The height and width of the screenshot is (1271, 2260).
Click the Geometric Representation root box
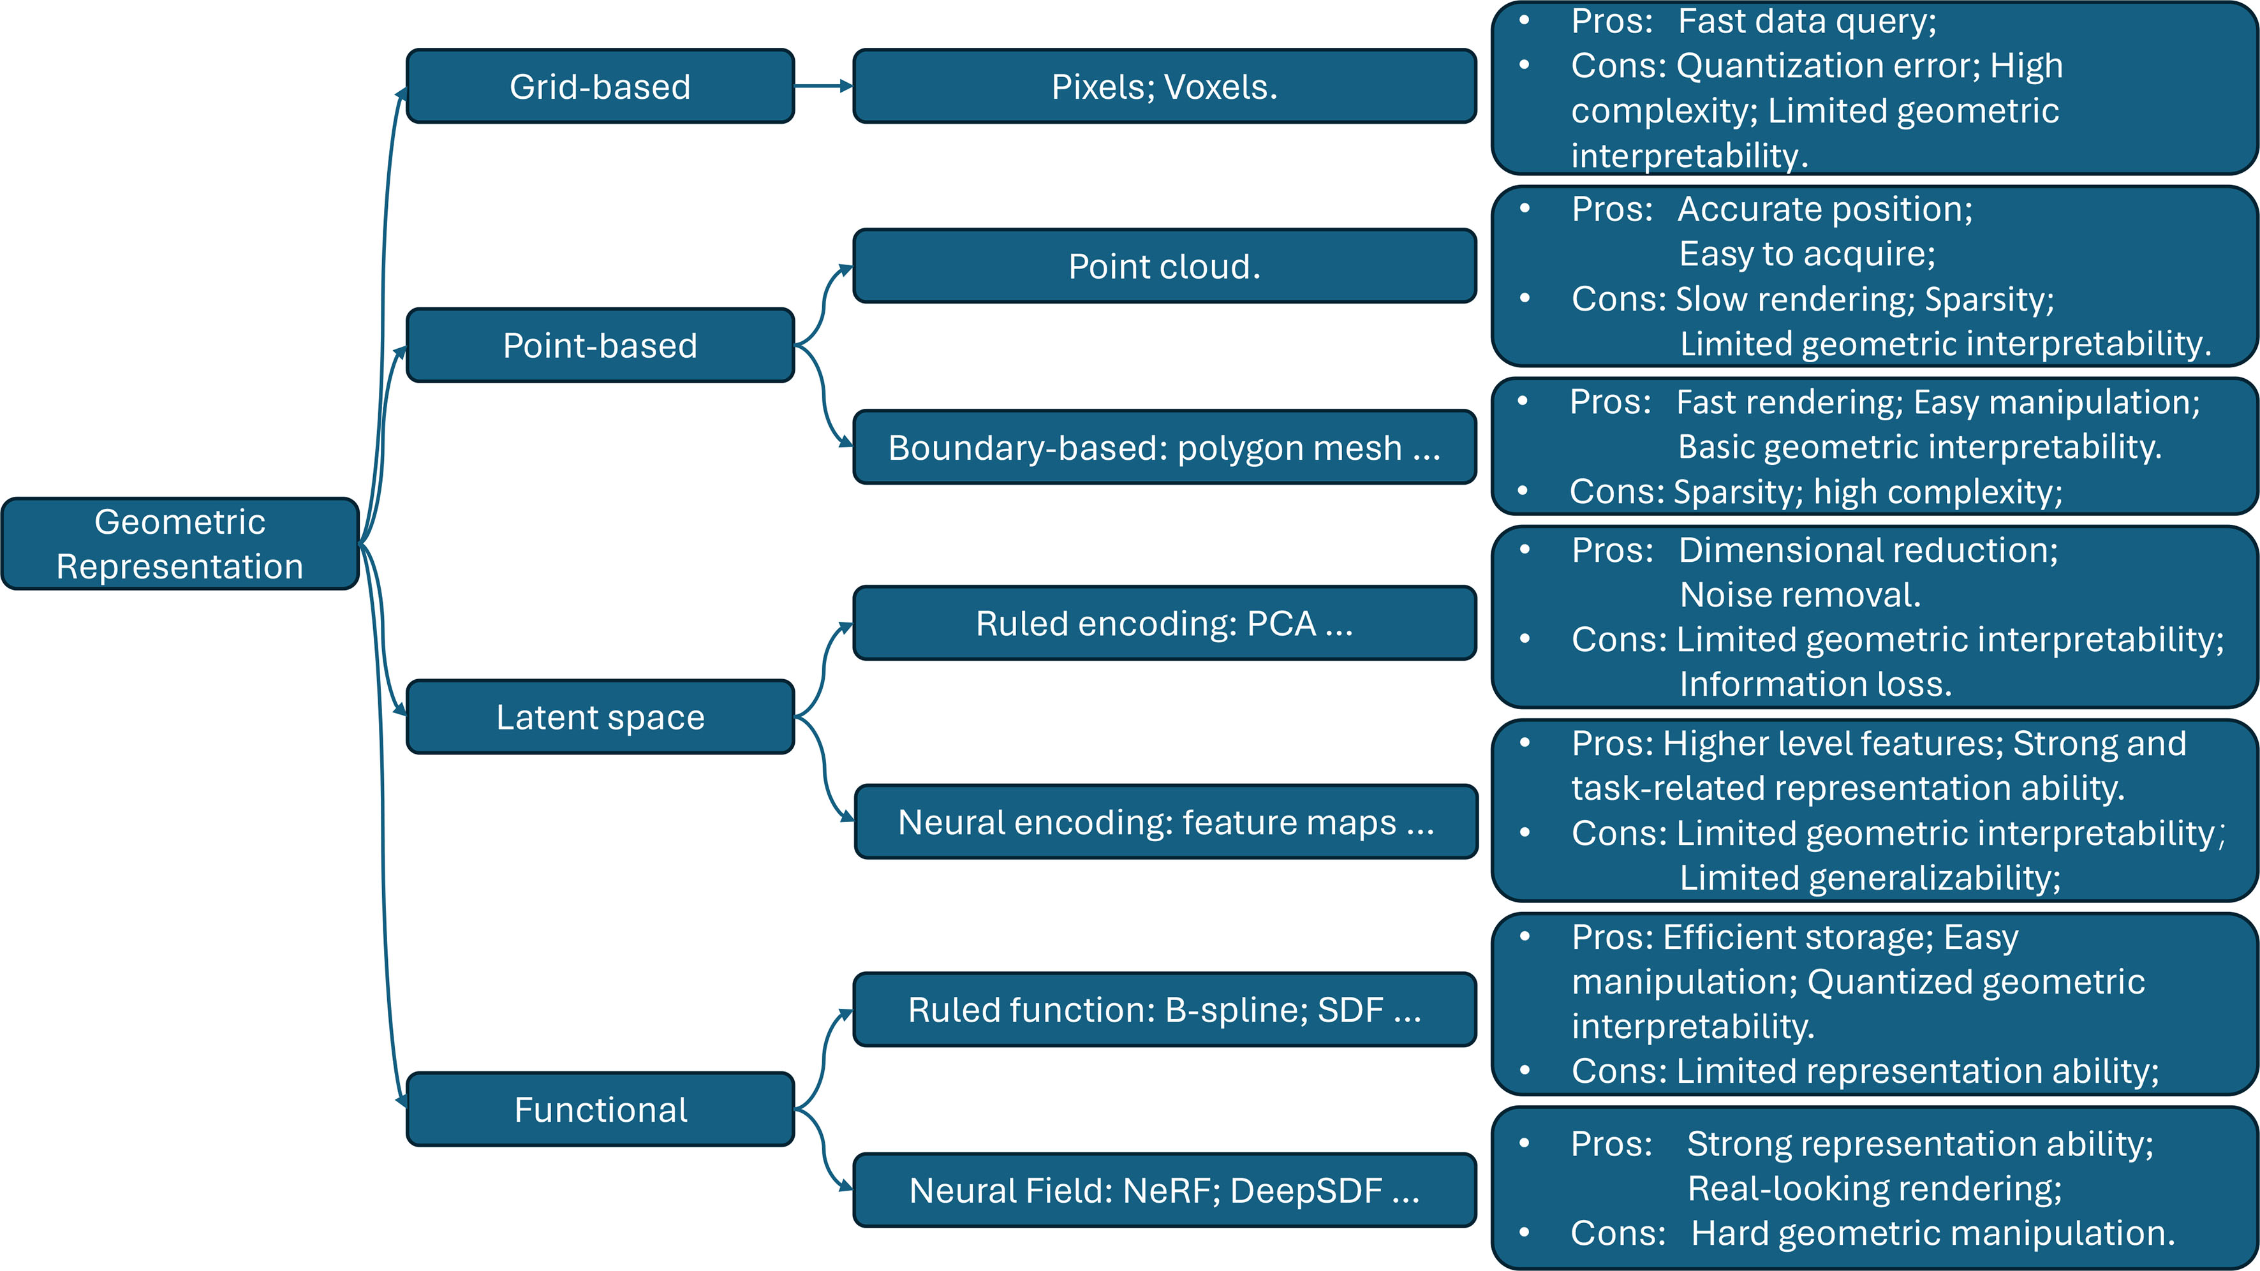tap(180, 544)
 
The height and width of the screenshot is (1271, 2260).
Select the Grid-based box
tap(600, 86)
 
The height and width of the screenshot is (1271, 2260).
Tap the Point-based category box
tap(600, 345)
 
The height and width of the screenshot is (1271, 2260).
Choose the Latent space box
tap(600, 717)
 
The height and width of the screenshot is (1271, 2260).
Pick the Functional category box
tap(600, 1109)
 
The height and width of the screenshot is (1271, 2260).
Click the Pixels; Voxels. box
tap(1164, 86)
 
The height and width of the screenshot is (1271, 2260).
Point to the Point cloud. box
tap(1164, 266)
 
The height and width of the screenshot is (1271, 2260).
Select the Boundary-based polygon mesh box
tap(1164, 447)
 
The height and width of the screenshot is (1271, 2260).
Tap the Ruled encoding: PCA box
tap(1164, 623)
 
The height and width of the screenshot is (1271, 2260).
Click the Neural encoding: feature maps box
tap(1165, 822)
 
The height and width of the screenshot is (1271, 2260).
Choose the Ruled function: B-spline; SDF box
tap(1164, 1010)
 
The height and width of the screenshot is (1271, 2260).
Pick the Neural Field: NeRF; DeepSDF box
tap(1164, 1190)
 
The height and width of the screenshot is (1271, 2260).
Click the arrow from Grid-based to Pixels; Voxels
tap(823, 86)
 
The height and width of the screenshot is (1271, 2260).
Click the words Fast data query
tap(1806, 21)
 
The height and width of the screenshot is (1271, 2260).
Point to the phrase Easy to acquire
tap(1806, 253)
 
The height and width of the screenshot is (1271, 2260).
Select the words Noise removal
tap(1799, 595)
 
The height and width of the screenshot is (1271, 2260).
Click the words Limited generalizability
tap(1870, 877)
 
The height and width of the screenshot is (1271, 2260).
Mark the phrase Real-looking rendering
tap(1874, 1189)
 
